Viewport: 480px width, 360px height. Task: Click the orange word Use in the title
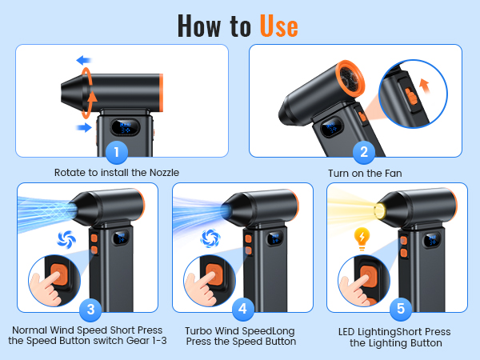coord(279,26)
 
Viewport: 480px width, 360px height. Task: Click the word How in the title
coord(199,26)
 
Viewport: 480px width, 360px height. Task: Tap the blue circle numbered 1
coord(116,152)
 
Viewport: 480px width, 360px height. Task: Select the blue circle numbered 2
coord(364,152)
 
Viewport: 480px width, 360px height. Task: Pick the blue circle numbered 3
coord(90,310)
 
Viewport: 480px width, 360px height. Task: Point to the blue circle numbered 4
coord(242,309)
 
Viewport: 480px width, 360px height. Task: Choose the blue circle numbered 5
coord(401,309)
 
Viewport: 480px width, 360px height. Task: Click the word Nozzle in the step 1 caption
coord(164,173)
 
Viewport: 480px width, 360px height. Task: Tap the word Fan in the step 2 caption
coord(393,174)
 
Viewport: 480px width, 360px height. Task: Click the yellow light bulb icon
coord(362,238)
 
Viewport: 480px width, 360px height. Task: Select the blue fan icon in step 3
coord(66,239)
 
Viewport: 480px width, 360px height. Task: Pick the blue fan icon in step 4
coord(210,238)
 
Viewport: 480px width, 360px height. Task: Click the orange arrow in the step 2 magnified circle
coord(424,86)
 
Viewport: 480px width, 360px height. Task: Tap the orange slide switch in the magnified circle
coord(412,96)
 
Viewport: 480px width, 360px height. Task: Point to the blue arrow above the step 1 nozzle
coord(84,60)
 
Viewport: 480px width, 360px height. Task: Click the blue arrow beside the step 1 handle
coord(84,127)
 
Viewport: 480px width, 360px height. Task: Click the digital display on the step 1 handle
coord(126,127)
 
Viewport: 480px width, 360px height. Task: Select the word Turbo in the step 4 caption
coord(198,331)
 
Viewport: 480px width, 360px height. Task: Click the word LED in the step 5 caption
coord(346,332)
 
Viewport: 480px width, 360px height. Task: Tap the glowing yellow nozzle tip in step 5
coord(380,211)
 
